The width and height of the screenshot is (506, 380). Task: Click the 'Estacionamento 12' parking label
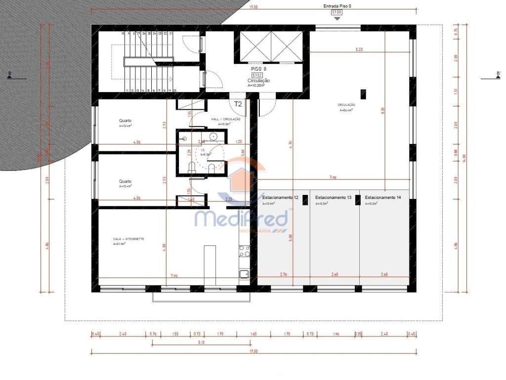280,197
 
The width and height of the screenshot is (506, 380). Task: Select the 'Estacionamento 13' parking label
333,197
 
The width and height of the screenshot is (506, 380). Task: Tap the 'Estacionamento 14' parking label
383,197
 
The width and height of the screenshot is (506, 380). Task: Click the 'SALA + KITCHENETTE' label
128,238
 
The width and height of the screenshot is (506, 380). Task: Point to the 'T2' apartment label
238,104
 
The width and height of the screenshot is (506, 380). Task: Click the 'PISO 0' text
258,69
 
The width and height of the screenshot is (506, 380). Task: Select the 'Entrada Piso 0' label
337,6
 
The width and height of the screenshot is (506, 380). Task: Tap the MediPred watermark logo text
242,218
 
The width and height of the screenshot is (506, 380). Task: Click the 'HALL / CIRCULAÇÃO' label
225,119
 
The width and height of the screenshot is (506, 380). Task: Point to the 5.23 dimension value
359,49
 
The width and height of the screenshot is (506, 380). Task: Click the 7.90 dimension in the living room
174,275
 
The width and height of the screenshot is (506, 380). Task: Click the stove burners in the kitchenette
244,251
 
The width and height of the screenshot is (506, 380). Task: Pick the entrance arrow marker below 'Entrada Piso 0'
337,18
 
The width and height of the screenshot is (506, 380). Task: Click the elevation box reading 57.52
256,75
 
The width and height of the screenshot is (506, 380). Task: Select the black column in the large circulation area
363,94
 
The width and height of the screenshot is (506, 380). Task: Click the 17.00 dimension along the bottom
253,351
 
